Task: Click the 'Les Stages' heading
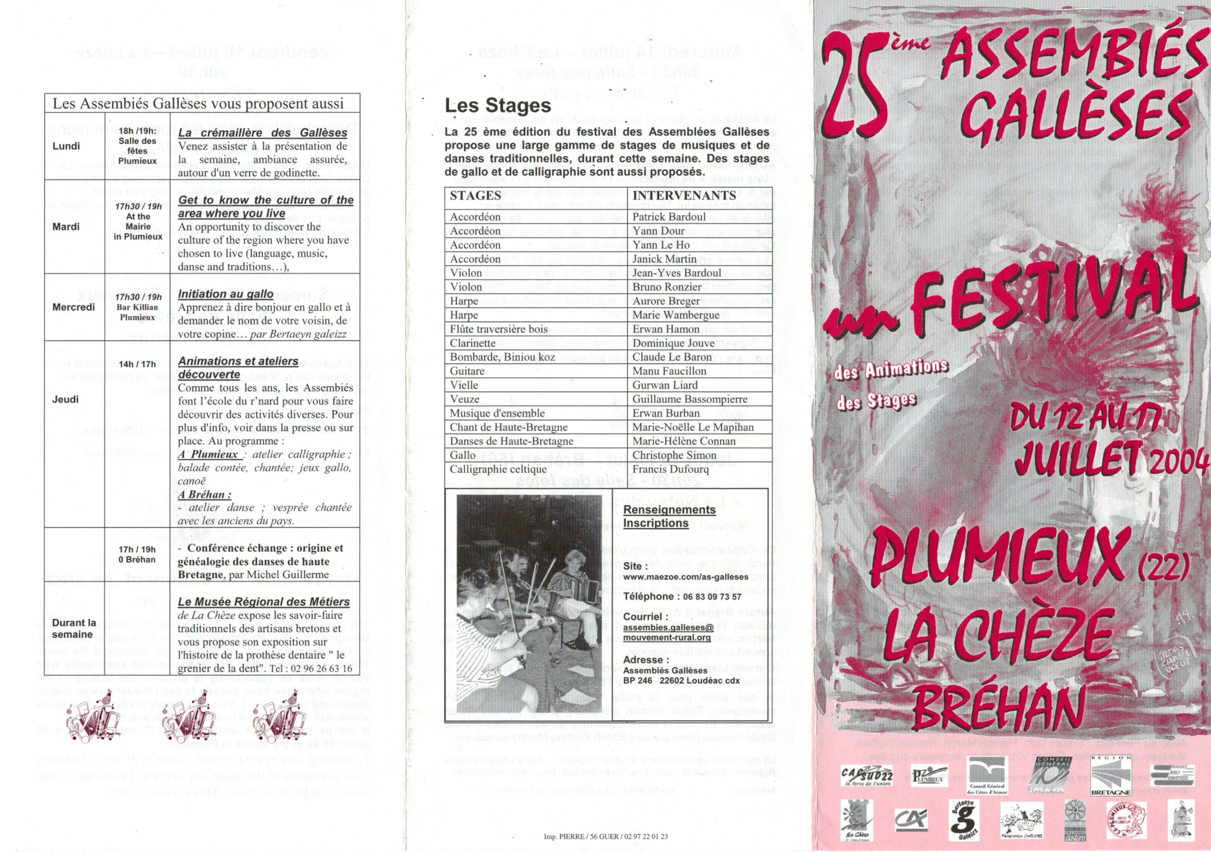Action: [497, 105]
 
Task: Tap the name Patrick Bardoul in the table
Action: [669, 217]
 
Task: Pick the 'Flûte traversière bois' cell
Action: [498, 329]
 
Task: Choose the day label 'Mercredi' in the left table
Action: [73, 307]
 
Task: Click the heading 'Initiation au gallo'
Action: [226, 294]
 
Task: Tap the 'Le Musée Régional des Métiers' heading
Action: [264, 601]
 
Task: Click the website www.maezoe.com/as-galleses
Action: [685, 577]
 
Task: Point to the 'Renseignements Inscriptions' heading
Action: [669, 516]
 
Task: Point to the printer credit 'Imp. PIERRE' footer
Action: [606, 836]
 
